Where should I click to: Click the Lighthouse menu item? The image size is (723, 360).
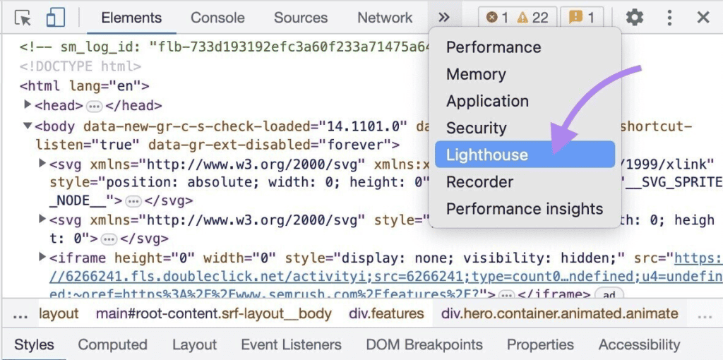tap(487, 155)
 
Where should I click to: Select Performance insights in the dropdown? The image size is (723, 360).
tap(525, 209)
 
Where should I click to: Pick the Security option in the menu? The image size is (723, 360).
tap(477, 128)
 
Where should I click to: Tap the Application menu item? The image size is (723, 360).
tap(487, 101)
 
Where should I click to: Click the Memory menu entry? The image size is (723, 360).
tap(476, 74)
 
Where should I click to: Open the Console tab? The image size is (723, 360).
tap(217, 18)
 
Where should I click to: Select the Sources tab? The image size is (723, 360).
tap(301, 18)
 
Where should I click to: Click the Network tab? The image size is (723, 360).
tap(385, 18)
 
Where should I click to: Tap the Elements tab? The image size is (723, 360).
tap(132, 18)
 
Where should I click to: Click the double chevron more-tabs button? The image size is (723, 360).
tap(444, 18)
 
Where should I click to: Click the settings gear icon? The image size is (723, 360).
tap(635, 18)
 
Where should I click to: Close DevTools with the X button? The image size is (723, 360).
tap(703, 18)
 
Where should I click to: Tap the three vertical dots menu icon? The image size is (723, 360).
tap(669, 18)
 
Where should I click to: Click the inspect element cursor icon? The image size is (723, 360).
tap(23, 18)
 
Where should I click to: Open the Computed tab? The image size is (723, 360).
tap(112, 344)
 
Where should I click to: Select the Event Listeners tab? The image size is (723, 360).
tap(291, 344)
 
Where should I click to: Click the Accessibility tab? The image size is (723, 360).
tap(639, 344)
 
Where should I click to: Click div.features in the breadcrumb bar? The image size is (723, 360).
tap(386, 313)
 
